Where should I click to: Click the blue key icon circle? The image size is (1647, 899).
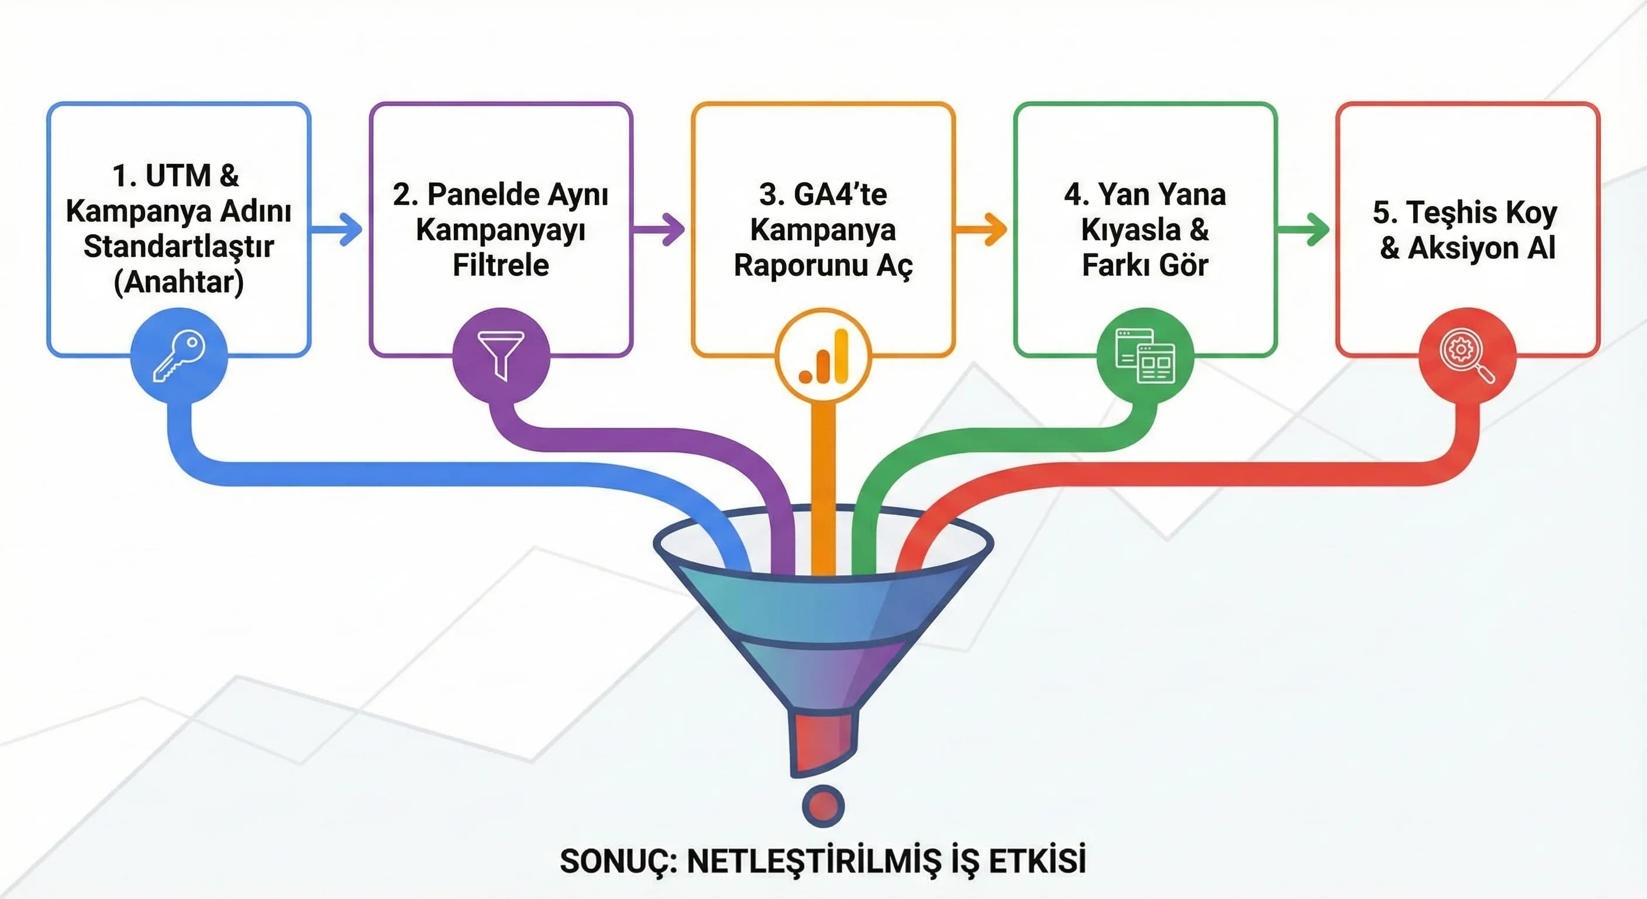pyautogui.click(x=178, y=356)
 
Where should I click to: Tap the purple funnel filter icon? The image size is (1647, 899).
pyautogui.click(x=501, y=356)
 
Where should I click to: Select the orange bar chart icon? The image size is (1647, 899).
pyautogui.click(x=823, y=356)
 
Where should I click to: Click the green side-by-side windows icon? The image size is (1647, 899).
pyautogui.click(x=1145, y=356)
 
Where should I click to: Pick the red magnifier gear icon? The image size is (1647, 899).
pyautogui.click(x=1467, y=356)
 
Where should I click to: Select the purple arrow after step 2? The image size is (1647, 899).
pyautogui.click(x=660, y=228)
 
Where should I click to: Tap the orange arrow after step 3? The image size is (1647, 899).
pyautogui.click(x=983, y=228)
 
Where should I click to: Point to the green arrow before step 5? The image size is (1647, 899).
pyautogui.click(x=1305, y=228)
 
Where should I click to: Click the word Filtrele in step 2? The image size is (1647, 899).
pyautogui.click(x=501, y=265)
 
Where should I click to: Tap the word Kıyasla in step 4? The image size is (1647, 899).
pyautogui.click(x=1131, y=229)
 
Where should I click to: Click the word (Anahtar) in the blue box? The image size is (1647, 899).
pyautogui.click(x=178, y=282)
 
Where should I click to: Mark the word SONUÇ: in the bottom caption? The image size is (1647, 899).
pyautogui.click(x=618, y=861)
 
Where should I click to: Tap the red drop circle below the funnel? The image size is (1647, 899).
pyautogui.click(x=823, y=805)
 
